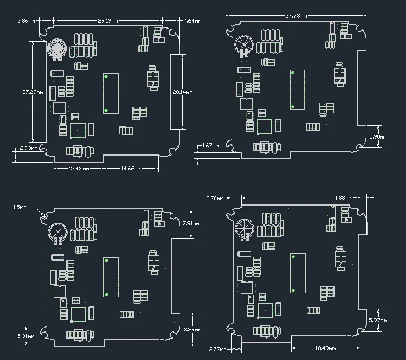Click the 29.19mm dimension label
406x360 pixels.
click(108, 20)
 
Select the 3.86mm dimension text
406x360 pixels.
click(26, 20)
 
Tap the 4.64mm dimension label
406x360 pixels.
click(192, 21)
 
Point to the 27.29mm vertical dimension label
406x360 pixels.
click(32, 92)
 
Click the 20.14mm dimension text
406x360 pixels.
click(182, 92)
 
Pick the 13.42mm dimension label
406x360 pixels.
click(79, 169)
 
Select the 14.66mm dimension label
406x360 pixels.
click(131, 169)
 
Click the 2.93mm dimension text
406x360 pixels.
click(29, 148)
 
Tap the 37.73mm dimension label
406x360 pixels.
click(296, 16)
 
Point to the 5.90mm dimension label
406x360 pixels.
click(378, 136)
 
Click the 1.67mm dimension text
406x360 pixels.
click(210, 146)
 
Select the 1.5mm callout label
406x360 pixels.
click(20, 207)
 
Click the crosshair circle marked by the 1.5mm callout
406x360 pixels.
click(45, 216)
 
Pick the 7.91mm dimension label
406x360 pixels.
click(191, 224)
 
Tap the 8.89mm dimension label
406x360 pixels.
click(192, 330)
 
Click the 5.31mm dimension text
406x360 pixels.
click(26, 336)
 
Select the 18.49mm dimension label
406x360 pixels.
click(325, 348)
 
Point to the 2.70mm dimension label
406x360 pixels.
click(215, 198)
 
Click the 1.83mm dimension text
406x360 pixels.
click(343, 198)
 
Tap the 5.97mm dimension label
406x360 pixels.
click(378, 320)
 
